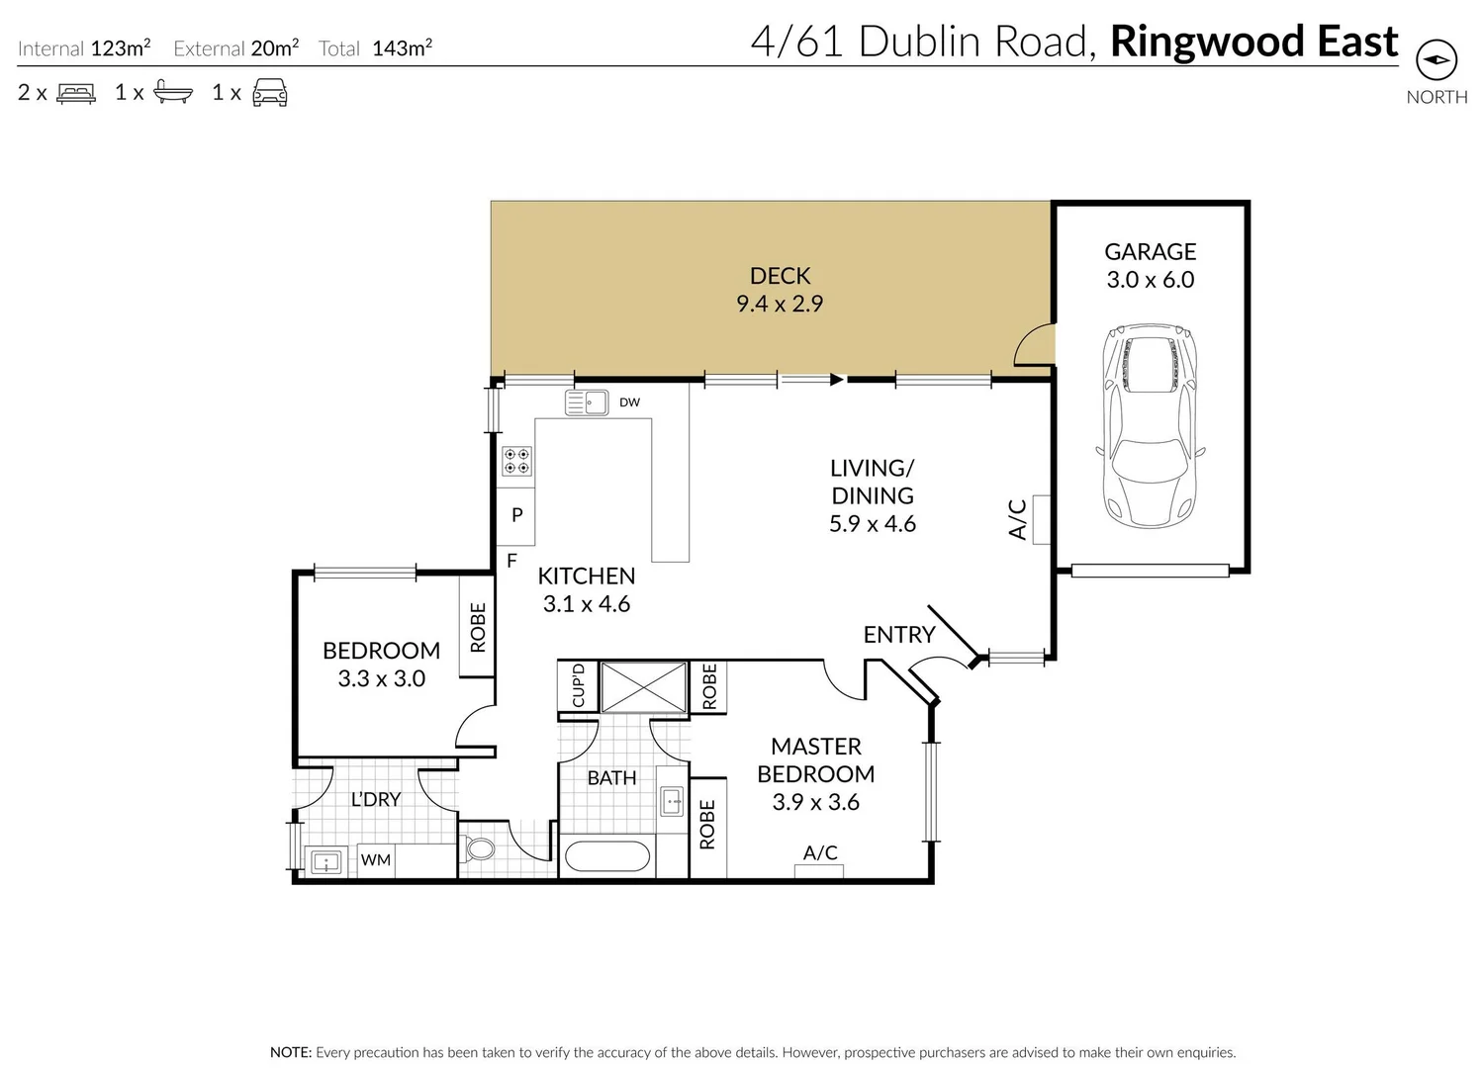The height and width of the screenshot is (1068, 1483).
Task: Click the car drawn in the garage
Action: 1151,427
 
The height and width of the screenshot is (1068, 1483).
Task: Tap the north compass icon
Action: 1437,60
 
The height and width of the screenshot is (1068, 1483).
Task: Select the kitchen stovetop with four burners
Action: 516,461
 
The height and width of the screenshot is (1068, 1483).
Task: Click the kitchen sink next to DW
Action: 586,402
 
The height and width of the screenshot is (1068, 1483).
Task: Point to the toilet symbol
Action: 481,849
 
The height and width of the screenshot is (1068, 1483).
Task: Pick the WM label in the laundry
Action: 376,859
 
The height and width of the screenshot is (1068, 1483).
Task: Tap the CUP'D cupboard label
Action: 579,685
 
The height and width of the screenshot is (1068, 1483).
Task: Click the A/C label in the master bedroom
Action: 820,852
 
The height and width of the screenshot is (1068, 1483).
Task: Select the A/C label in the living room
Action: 1018,519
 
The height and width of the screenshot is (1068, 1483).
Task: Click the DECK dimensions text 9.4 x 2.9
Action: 780,305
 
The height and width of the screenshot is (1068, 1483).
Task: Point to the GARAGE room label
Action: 1151,252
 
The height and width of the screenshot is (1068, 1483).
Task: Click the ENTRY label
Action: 898,635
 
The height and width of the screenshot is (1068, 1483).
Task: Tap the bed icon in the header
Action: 76,93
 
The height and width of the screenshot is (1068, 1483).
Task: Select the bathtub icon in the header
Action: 173,93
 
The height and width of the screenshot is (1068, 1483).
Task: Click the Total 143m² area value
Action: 402,47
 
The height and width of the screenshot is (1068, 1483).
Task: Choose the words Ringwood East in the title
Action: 1253,42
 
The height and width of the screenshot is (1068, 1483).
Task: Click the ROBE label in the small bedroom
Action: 478,627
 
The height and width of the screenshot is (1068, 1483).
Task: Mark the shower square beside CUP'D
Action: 644,687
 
